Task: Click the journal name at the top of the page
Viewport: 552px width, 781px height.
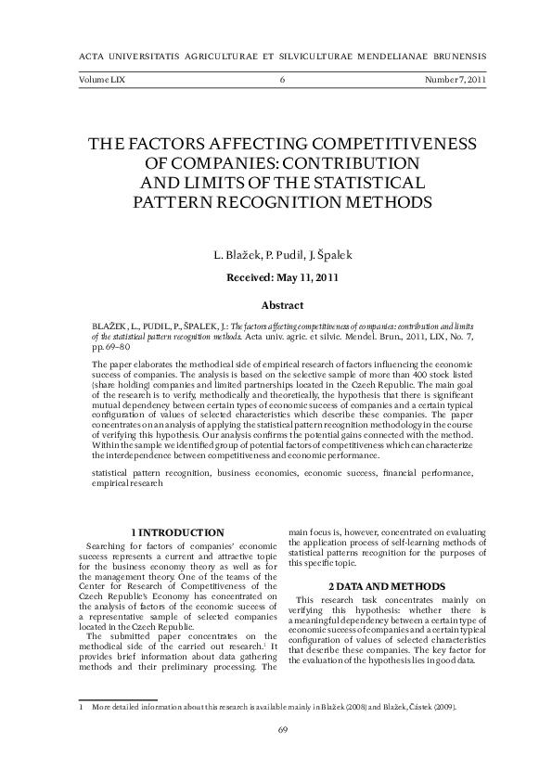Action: pos(276,56)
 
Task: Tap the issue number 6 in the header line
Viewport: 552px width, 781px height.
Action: pos(281,81)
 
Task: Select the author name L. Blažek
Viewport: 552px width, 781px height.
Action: pos(232,254)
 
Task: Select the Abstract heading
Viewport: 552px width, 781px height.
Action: pos(281,304)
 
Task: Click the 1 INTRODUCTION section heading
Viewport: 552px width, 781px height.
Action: pos(177,531)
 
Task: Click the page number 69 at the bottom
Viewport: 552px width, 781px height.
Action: pos(282,729)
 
